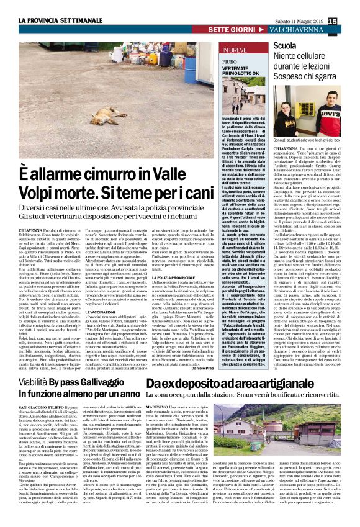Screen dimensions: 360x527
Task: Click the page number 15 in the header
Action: pyautogui.click(x=349, y=22)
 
